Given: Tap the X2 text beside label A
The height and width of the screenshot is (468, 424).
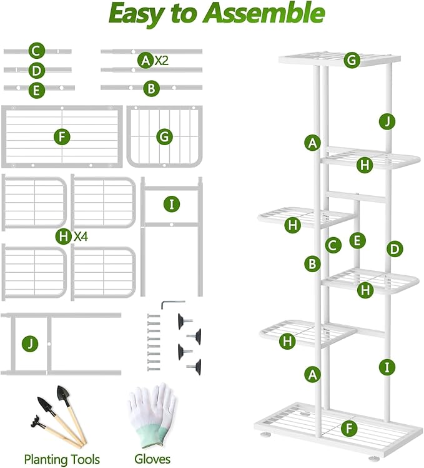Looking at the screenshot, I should [161, 60].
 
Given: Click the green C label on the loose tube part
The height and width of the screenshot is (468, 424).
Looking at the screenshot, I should [37, 51].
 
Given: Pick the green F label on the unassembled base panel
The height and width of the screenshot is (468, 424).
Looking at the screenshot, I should [61, 136].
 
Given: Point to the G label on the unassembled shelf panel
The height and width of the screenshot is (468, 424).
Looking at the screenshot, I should [164, 136].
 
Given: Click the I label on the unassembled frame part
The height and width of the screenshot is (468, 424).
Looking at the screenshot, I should [171, 204].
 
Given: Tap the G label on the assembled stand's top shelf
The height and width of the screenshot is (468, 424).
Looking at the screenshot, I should [352, 60].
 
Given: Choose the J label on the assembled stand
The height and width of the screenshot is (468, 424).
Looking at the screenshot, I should [387, 121].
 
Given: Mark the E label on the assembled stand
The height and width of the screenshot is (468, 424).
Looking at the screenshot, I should [357, 240].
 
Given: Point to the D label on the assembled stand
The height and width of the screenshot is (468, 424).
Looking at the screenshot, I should [393, 249].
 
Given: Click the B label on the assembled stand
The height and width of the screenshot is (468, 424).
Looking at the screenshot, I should [312, 263].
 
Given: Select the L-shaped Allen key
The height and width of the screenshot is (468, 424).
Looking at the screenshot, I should [169, 304].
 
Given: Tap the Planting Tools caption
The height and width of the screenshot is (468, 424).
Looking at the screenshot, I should [62, 459].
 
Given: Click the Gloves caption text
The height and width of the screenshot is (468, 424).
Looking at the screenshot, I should [152, 459].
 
